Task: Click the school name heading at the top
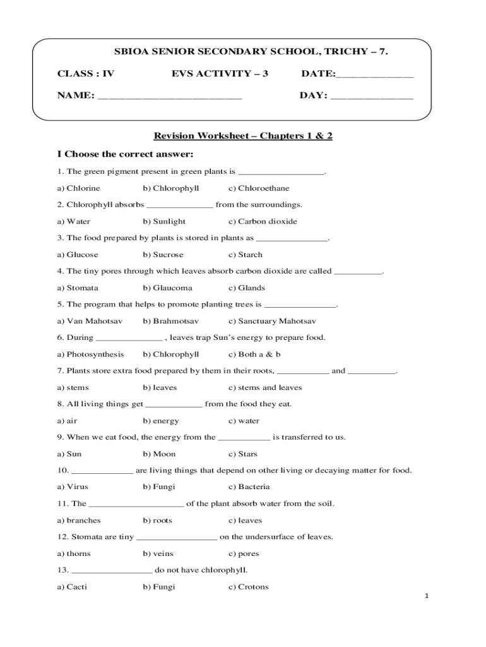pos(242,51)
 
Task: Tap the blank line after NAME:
pos(170,97)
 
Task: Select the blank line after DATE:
pos(375,75)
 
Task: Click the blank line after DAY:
pos(372,97)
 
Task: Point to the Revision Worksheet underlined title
pos(243,136)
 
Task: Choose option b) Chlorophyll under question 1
pos(171,188)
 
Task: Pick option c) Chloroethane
pos(259,188)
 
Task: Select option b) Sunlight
pos(164,222)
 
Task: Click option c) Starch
pos(246,255)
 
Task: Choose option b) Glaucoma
pos(168,288)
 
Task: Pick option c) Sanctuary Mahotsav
pos(272,321)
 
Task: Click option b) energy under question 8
pos(161,421)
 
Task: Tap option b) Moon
pos(160,454)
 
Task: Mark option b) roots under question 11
pos(158,521)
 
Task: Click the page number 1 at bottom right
pos(427,597)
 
